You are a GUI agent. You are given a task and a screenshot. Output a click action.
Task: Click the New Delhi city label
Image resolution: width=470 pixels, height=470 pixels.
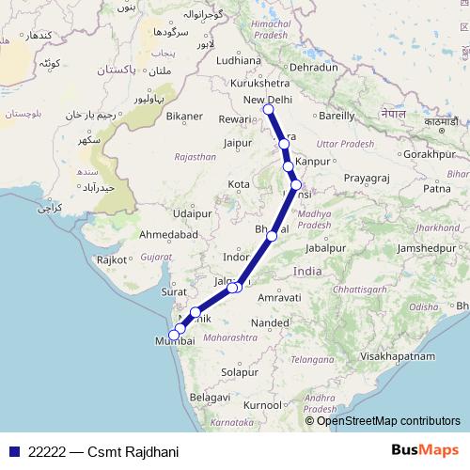tap(268, 100)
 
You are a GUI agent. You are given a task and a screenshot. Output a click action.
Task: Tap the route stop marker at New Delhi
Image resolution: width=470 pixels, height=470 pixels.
tap(268, 110)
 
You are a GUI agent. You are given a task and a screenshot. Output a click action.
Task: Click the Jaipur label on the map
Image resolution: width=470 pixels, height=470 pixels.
tap(240, 143)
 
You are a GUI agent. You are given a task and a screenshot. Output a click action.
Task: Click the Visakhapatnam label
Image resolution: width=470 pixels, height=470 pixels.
tap(405, 356)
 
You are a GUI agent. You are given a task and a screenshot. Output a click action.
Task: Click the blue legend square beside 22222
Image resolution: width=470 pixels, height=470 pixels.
tap(13, 451)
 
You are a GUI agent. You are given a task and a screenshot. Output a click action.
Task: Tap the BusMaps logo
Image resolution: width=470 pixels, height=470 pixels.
tap(425, 451)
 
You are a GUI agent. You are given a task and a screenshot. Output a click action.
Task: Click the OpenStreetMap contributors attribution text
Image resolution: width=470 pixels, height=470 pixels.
tap(388, 420)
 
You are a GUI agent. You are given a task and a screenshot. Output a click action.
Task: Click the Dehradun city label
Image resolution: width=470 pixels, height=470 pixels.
tap(313, 68)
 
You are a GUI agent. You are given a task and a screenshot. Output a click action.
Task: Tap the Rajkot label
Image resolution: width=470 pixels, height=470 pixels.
tap(111, 258)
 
